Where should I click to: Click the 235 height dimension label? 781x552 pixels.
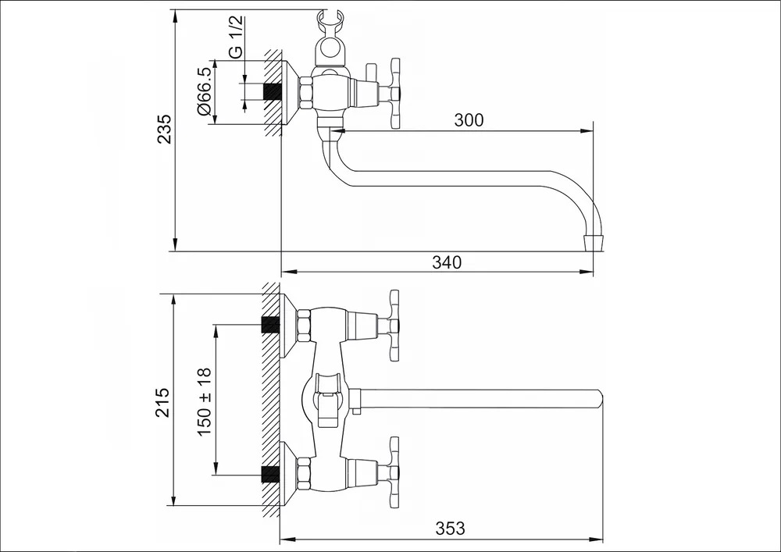click(164, 130)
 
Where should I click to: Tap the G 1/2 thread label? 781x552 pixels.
click(237, 36)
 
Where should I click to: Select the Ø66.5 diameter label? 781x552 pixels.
click(205, 92)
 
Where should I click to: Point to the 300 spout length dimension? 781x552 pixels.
click(468, 120)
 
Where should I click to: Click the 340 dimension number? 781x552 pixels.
click(447, 262)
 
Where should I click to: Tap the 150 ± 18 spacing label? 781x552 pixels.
click(205, 402)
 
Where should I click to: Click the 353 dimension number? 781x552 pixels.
click(451, 528)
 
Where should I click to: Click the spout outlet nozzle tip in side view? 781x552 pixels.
click(595, 242)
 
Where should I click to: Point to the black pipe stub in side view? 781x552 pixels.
click(272, 92)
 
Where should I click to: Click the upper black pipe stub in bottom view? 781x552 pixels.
click(270, 325)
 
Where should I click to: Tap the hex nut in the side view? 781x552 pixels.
click(305, 93)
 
